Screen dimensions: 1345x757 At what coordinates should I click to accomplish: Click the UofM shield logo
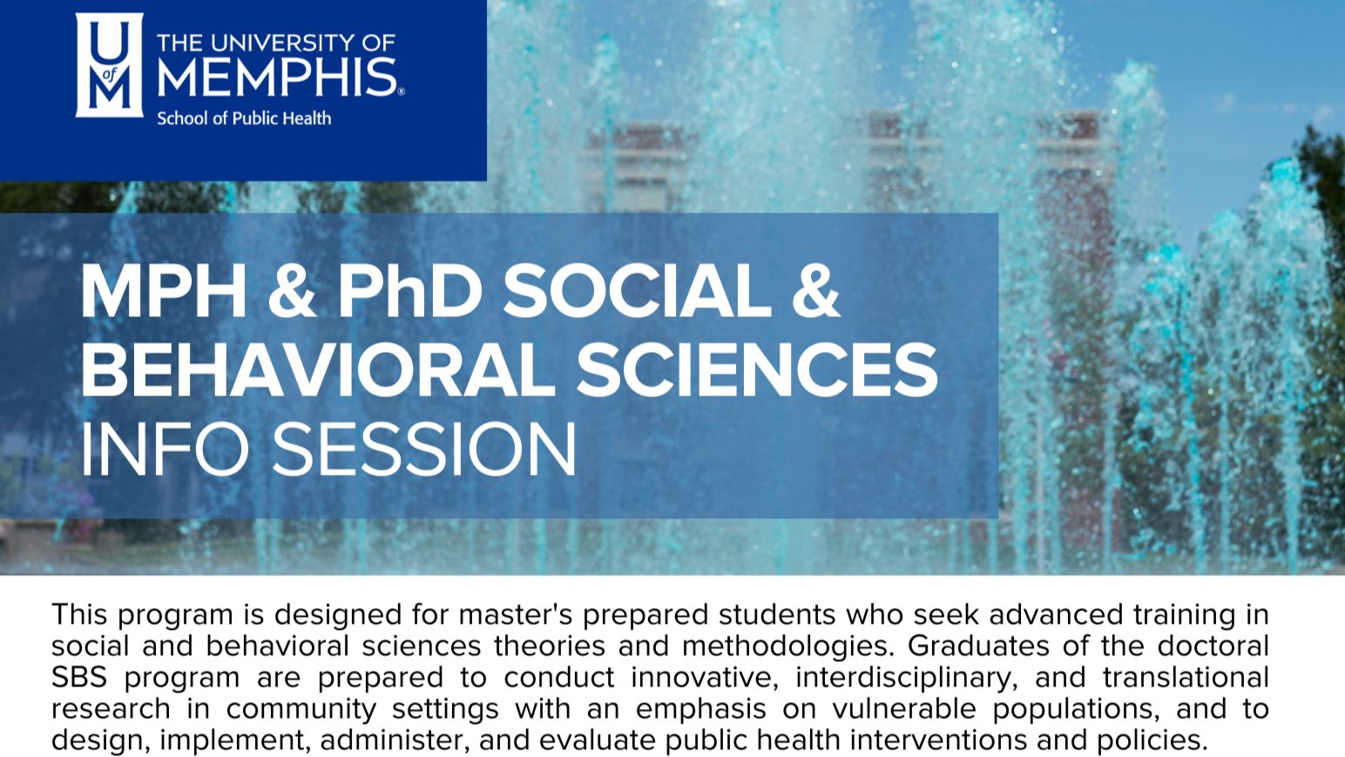(x=109, y=64)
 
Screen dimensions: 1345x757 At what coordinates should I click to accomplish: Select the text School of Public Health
(x=244, y=118)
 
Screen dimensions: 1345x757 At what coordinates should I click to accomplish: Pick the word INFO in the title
(x=165, y=449)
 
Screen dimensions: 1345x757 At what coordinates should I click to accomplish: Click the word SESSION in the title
(x=424, y=449)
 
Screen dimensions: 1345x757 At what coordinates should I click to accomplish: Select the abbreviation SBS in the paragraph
(x=79, y=677)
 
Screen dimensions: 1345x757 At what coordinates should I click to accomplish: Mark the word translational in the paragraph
(x=1186, y=677)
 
